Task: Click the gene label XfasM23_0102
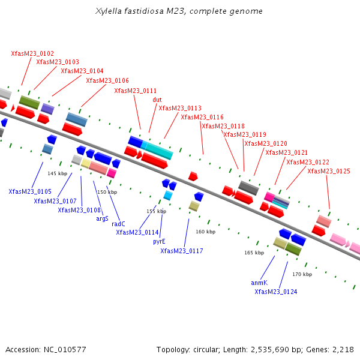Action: [32, 53]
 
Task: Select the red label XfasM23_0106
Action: [107, 80]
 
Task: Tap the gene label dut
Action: [157, 100]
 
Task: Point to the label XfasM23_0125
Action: [329, 172]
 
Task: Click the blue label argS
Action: [103, 218]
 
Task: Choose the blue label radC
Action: [119, 224]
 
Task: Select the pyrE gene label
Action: [159, 241]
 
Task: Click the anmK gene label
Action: [259, 282]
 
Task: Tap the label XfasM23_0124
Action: [276, 292]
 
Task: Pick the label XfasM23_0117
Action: [182, 251]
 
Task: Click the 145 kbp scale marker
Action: [58, 173]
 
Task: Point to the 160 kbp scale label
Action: [205, 232]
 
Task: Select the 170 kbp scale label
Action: [302, 274]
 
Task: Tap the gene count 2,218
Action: [343, 349]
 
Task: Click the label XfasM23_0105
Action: [30, 191]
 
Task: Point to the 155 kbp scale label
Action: [157, 211]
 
